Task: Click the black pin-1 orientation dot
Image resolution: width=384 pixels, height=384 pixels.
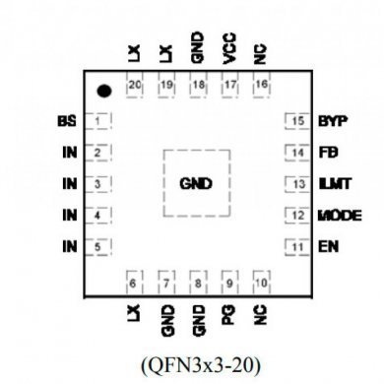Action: click(x=103, y=92)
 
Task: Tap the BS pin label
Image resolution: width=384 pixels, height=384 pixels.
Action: click(x=67, y=122)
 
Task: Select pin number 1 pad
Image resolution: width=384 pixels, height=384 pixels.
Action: click(x=100, y=122)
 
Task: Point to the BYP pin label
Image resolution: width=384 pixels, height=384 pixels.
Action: click(x=330, y=121)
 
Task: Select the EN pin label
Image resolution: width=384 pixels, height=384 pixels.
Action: click(x=324, y=245)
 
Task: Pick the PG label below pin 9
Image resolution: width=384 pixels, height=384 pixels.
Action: click(x=229, y=315)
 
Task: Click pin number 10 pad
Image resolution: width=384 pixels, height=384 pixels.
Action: click(x=260, y=283)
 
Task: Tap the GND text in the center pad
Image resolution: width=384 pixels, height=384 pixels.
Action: click(x=197, y=184)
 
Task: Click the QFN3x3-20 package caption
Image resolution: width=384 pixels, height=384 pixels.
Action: click(x=196, y=365)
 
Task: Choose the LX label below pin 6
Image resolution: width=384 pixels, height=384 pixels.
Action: click(x=135, y=315)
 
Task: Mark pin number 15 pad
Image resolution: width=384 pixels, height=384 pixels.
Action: click(x=295, y=122)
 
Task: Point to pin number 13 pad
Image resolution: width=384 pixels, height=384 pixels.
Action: click(x=295, y=183)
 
